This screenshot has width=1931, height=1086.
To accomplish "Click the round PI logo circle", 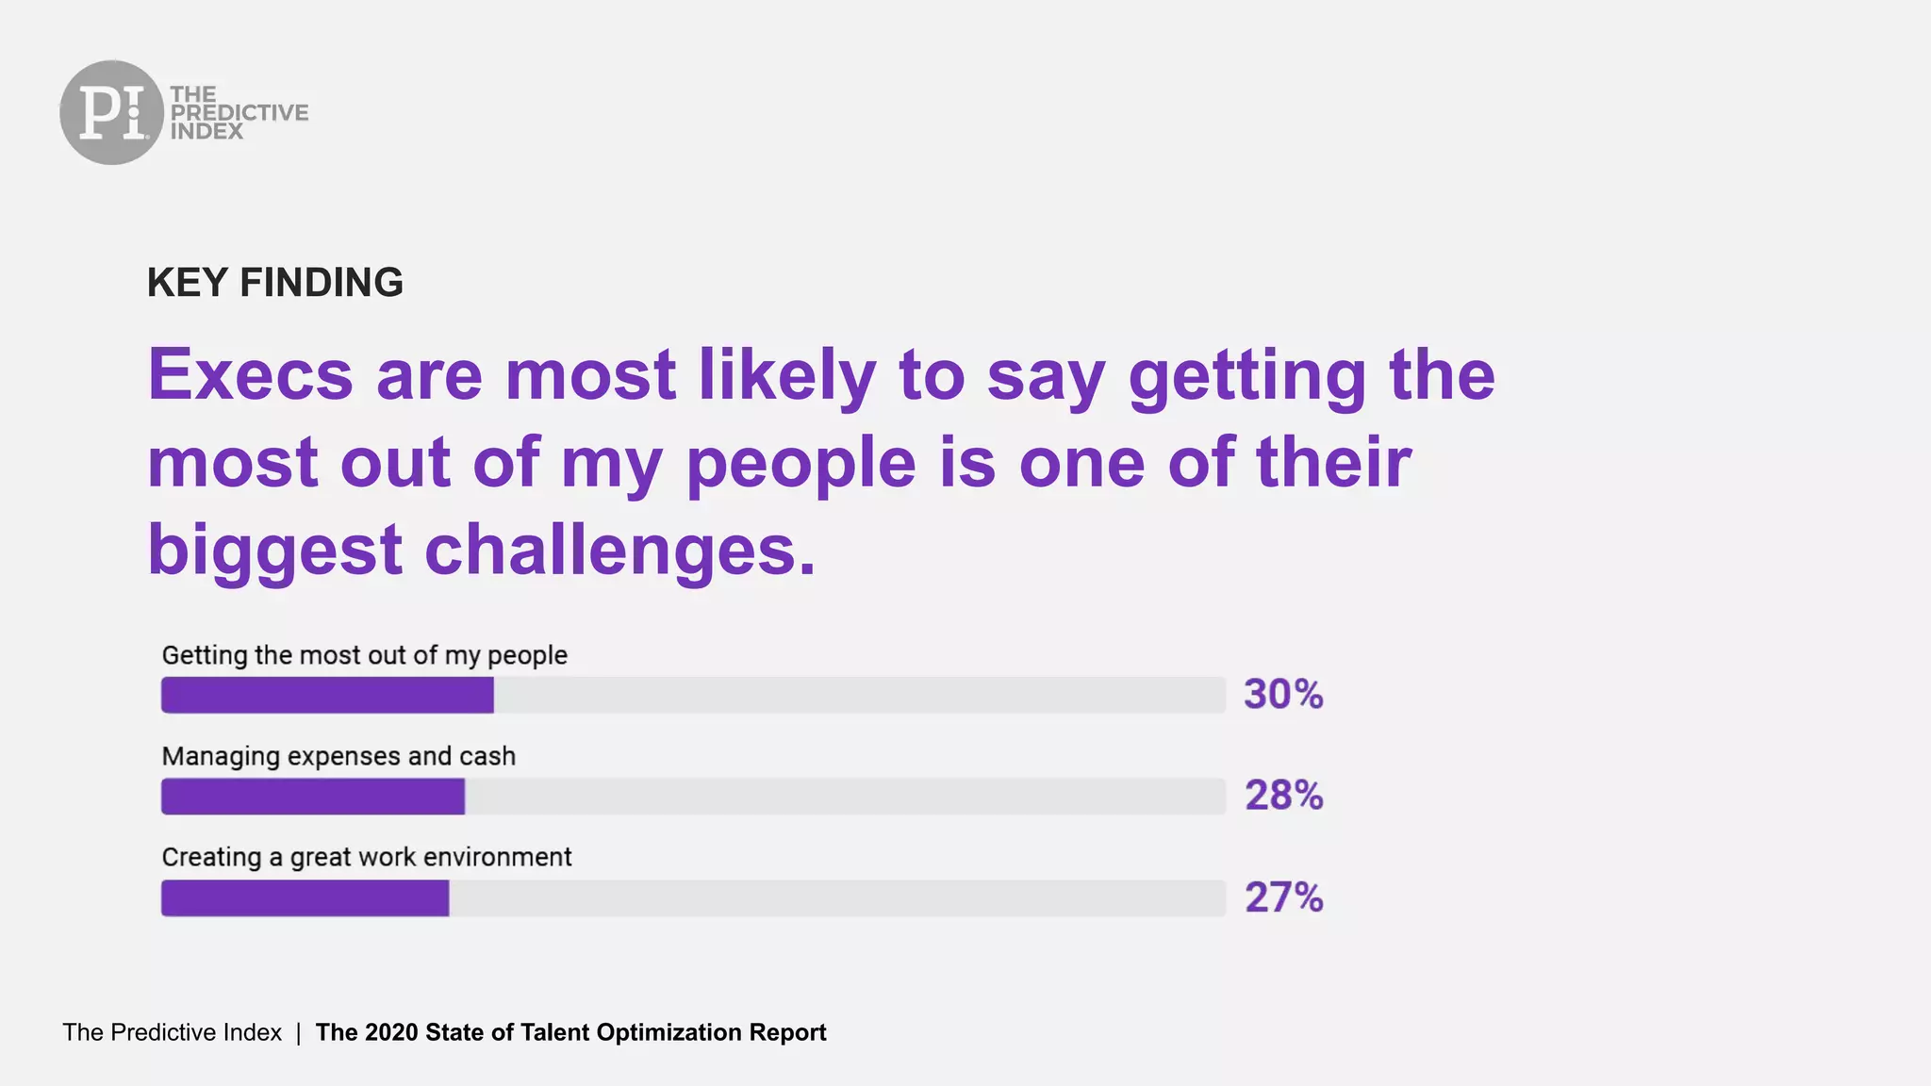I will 111,112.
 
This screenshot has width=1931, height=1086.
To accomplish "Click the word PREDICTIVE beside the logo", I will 239,112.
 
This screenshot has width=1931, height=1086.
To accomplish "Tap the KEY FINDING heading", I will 274,283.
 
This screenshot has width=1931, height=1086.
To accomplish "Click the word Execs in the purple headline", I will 250,375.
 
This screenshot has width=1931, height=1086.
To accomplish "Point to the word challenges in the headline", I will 619,551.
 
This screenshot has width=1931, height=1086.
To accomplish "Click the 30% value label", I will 1283,695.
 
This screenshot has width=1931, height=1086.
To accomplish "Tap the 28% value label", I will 1283,796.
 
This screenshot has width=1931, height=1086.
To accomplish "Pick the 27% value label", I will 1283,897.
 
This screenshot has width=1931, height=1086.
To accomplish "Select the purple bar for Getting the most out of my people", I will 327,695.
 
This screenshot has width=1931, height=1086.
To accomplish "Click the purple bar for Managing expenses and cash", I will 313,797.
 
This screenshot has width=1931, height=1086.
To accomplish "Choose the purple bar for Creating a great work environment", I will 305,898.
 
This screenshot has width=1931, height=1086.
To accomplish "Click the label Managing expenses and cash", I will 338,756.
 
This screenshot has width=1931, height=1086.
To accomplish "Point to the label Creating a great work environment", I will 366,857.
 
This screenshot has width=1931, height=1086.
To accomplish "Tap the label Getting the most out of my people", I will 364,655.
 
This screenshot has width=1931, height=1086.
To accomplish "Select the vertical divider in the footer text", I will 298,1032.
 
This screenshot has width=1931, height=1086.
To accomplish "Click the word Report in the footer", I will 787,1032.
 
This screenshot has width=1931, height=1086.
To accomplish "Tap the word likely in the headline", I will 786,375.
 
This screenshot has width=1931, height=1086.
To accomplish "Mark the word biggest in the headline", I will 274,551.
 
